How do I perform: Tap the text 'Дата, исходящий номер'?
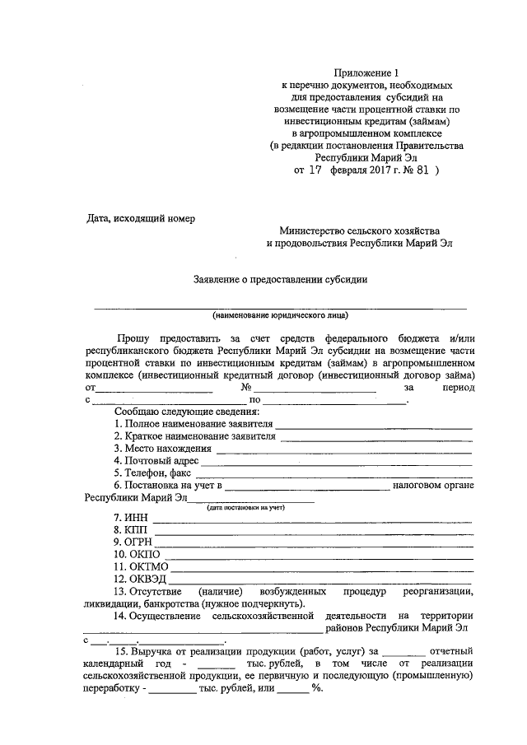tap(142, 217)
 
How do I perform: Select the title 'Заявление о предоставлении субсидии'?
tap(280, 279)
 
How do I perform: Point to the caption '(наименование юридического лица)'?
tap(280, 314)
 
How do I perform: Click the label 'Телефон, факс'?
tap(159, 474)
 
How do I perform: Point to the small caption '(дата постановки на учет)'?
tap(245, 508)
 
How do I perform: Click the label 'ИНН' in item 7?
tap(134, 517)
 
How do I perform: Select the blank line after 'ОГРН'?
tap(314, 545)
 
